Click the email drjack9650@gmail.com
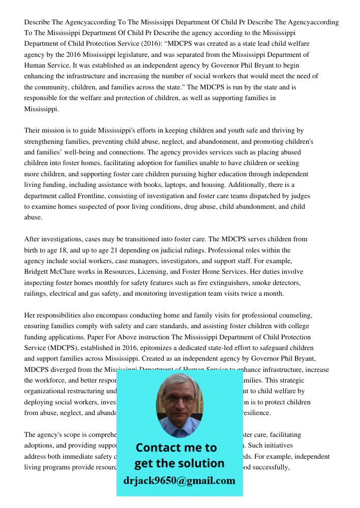pos(179,481)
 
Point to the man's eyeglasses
pos(179,399)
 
